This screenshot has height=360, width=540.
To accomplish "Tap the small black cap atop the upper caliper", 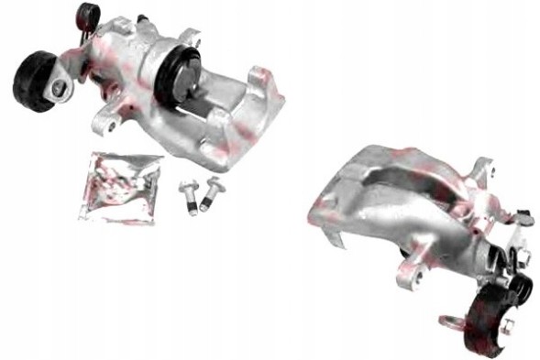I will tap(88, 13).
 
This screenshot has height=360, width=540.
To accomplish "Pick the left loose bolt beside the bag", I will tap(187, 196).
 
